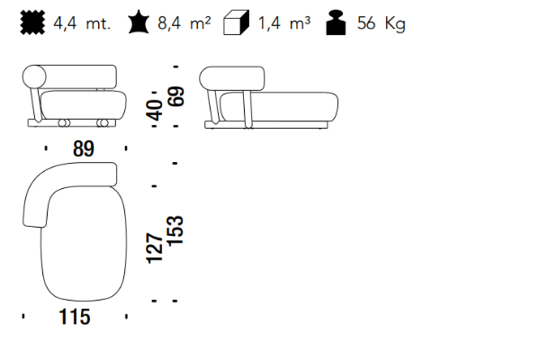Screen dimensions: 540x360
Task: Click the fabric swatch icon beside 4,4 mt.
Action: (32, 22)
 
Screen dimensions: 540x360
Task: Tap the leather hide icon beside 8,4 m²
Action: (139, 22)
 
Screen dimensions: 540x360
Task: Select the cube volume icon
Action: (236, 22)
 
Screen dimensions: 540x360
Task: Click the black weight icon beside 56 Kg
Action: (336, 22)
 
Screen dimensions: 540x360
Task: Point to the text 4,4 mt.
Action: (82, 23)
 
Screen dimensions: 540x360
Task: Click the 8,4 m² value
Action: (184, 23)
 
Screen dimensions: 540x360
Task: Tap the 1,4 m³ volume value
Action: (284, 23)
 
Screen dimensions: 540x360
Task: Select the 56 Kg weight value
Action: (382, 23)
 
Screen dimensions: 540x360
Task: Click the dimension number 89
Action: (84, 148)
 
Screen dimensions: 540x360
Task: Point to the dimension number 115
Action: (75, 317)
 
